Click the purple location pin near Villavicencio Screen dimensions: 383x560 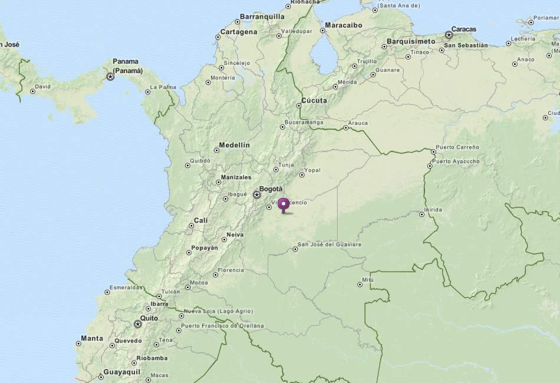point(284,204)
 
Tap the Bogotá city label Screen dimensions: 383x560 point(271,189)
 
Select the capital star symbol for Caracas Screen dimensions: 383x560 point(449,35)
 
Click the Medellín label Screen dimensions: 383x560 point(234,145)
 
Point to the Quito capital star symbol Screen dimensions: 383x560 point(138,323)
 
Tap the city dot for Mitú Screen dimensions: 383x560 point(360,285)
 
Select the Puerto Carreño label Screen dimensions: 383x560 point(457,147)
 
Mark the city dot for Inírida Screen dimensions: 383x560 point(421,214)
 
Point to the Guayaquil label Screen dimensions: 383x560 point(122,372)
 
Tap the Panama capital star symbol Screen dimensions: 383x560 point(110,77)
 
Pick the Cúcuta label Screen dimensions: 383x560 point(314,101)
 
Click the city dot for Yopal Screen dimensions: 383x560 point(302,174)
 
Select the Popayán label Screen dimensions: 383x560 point(206,248)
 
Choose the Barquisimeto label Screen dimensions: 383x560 point(411,42)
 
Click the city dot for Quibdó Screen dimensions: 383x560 point(188,166)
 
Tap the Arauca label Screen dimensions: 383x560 point(358,123)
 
